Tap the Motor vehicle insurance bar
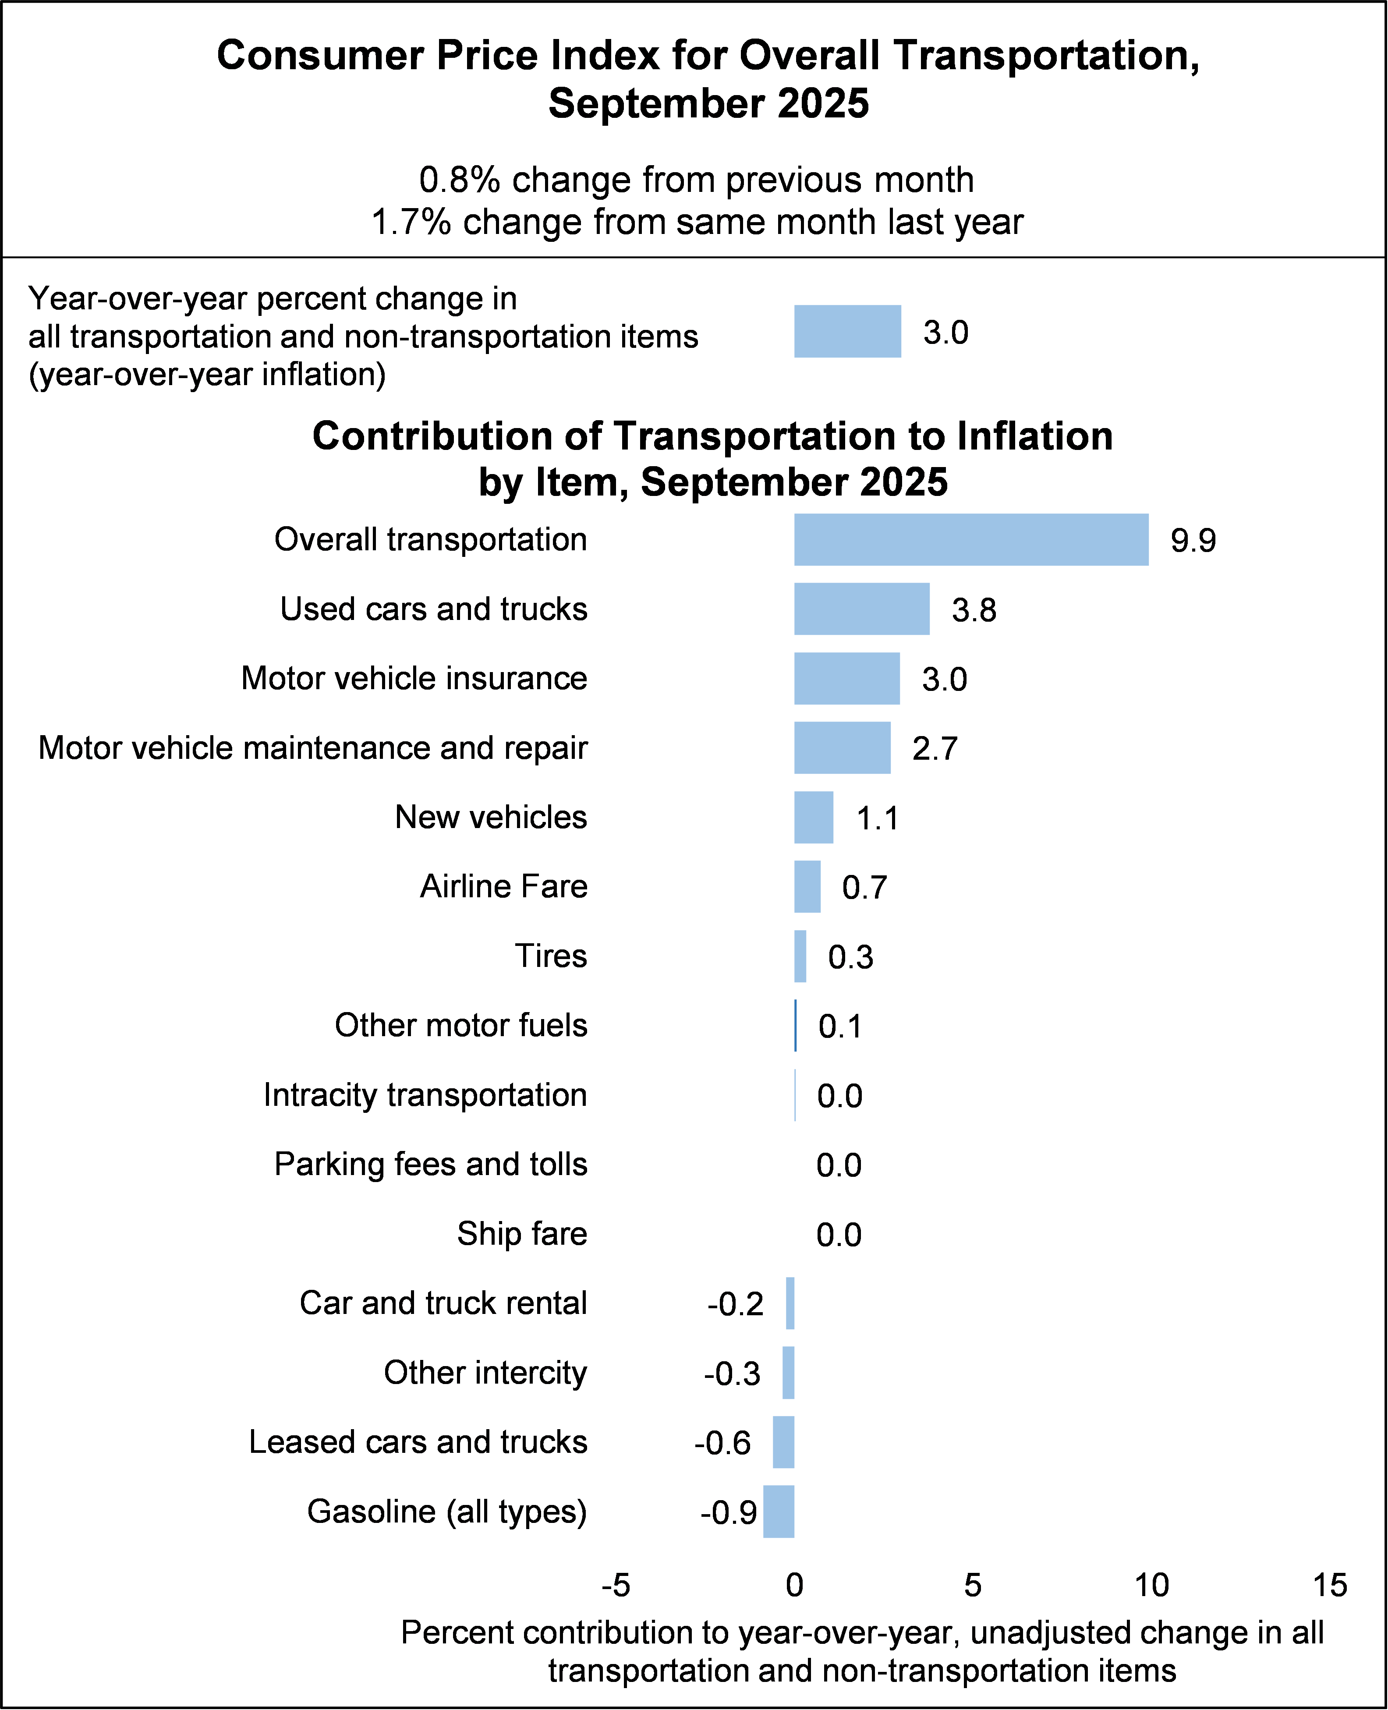847,679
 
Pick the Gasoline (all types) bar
779,1512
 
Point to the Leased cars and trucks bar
783,1442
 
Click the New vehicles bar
813,817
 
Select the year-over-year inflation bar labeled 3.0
847,331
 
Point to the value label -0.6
723,1444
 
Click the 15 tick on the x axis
1330,1585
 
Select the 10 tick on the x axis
1151,1585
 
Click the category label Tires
551,956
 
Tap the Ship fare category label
522,1233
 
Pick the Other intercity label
485,1373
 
